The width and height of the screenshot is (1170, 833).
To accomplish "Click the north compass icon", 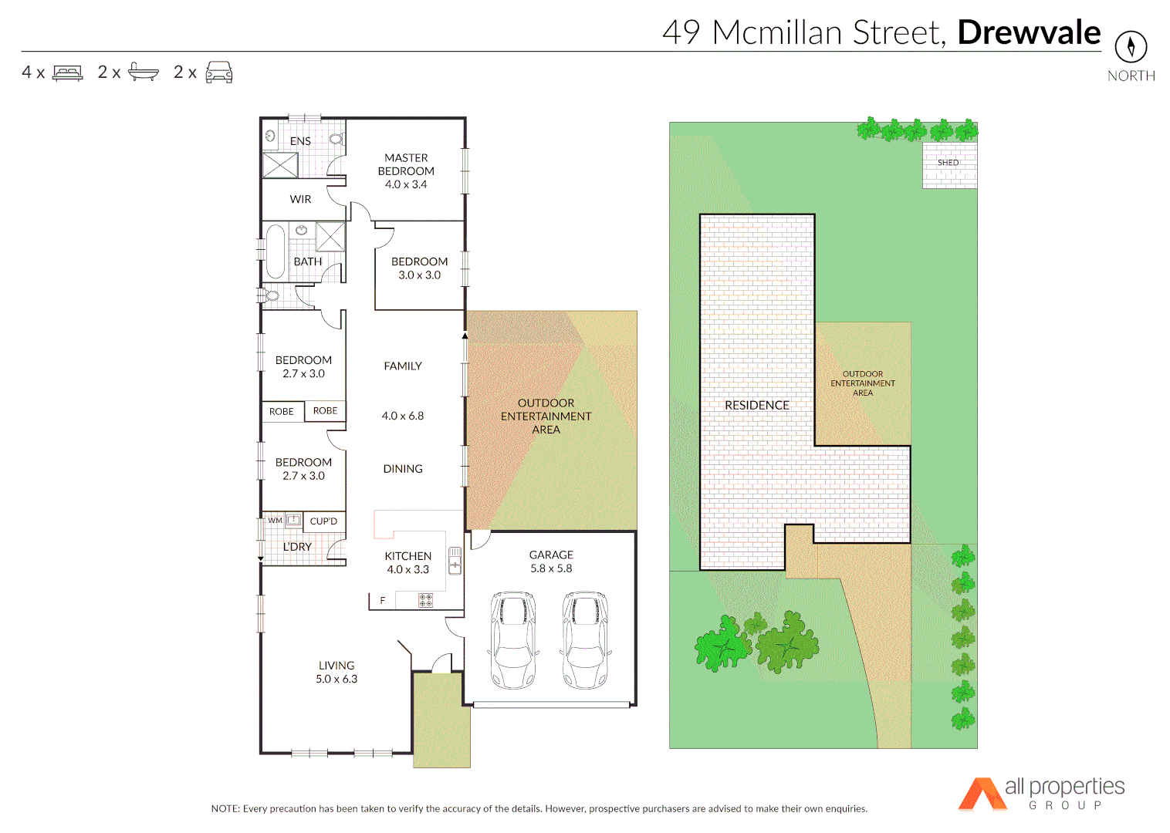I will point(1131,47).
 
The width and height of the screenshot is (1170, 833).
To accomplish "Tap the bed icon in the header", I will point(67,73).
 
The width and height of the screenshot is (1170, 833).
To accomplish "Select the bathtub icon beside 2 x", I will point(143,72).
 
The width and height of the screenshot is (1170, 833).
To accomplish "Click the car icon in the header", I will point(219,73).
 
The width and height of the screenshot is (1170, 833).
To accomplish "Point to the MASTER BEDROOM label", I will point(406,170).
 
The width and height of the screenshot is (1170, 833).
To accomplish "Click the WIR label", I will point(300,199).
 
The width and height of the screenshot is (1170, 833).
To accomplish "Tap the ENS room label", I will point(300,141).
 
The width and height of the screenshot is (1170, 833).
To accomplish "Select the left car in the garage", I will point(513,639).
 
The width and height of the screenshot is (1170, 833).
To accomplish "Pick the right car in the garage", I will point(585,639).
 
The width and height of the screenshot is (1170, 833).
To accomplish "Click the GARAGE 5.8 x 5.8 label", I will point(551,562).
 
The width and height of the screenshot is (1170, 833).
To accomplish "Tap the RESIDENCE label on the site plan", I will point(756,405).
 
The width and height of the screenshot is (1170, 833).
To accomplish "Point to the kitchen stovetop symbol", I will point(425,600).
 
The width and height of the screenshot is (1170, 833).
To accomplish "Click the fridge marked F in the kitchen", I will point(382,600).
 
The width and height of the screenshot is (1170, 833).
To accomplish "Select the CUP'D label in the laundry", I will point(323,521).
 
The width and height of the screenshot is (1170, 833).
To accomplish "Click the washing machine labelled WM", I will point(276,521).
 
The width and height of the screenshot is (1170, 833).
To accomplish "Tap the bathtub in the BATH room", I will point(276,251).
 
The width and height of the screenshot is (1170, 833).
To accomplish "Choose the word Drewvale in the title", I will point(1029,32).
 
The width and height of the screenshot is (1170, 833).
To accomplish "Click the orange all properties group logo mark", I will point(981,794).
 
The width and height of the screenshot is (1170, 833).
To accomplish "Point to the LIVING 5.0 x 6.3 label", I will point(336,672).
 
